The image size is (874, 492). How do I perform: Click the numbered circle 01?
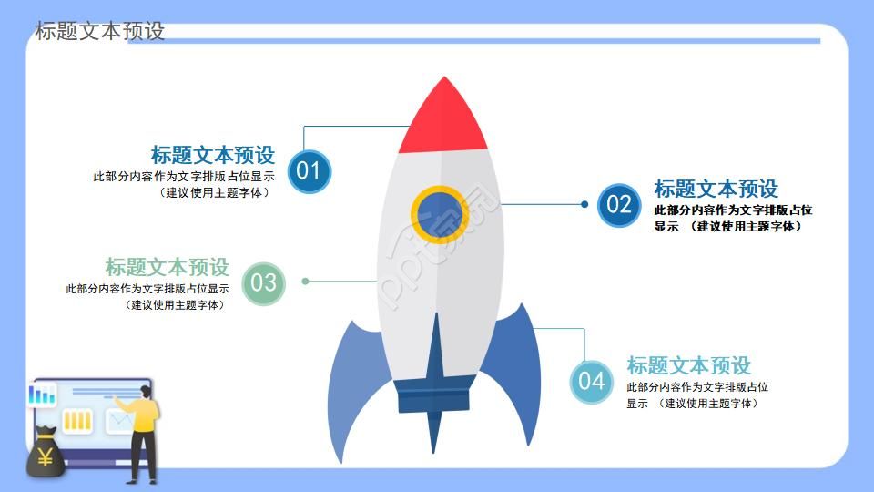click(x=310, y=171)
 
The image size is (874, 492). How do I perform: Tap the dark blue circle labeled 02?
click(x=619, y=204)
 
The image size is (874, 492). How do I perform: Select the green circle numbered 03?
click(x=263, y=282)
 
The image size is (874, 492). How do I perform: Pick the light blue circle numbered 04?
click(x=591, y=381)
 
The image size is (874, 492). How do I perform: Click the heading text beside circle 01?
click(x=213, y=155)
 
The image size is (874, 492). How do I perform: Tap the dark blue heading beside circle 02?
click(x=716, y=189)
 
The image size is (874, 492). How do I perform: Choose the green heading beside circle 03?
click(x=168, y=267)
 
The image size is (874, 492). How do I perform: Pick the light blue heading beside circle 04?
click(x=688, y=365)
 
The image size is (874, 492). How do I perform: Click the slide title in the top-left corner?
click(x=100, y=31)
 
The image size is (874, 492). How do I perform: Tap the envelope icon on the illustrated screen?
click(x=118, y=421)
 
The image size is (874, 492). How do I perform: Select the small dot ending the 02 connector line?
click(x=584, y=204)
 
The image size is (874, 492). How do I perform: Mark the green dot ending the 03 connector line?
click(x=306, y=281)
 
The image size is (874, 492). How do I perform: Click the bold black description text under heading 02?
click(x=732, y=218)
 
